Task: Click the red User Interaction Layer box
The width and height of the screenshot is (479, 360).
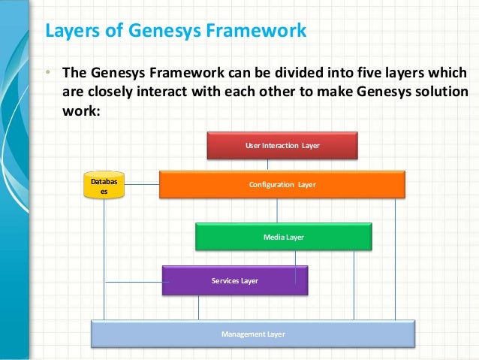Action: coord(282,145)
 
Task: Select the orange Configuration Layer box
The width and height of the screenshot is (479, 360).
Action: coord(282,184)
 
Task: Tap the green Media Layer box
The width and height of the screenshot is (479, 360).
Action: coord(283,237)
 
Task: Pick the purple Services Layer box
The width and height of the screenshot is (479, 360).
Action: coord(234,280)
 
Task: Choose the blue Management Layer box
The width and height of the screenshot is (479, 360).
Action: coord(253,334)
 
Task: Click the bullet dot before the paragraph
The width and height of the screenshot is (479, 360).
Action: coord(47,74)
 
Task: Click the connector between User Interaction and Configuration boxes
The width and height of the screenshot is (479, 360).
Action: coord(282,165)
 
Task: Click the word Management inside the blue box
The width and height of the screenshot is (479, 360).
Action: coord(240,334)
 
